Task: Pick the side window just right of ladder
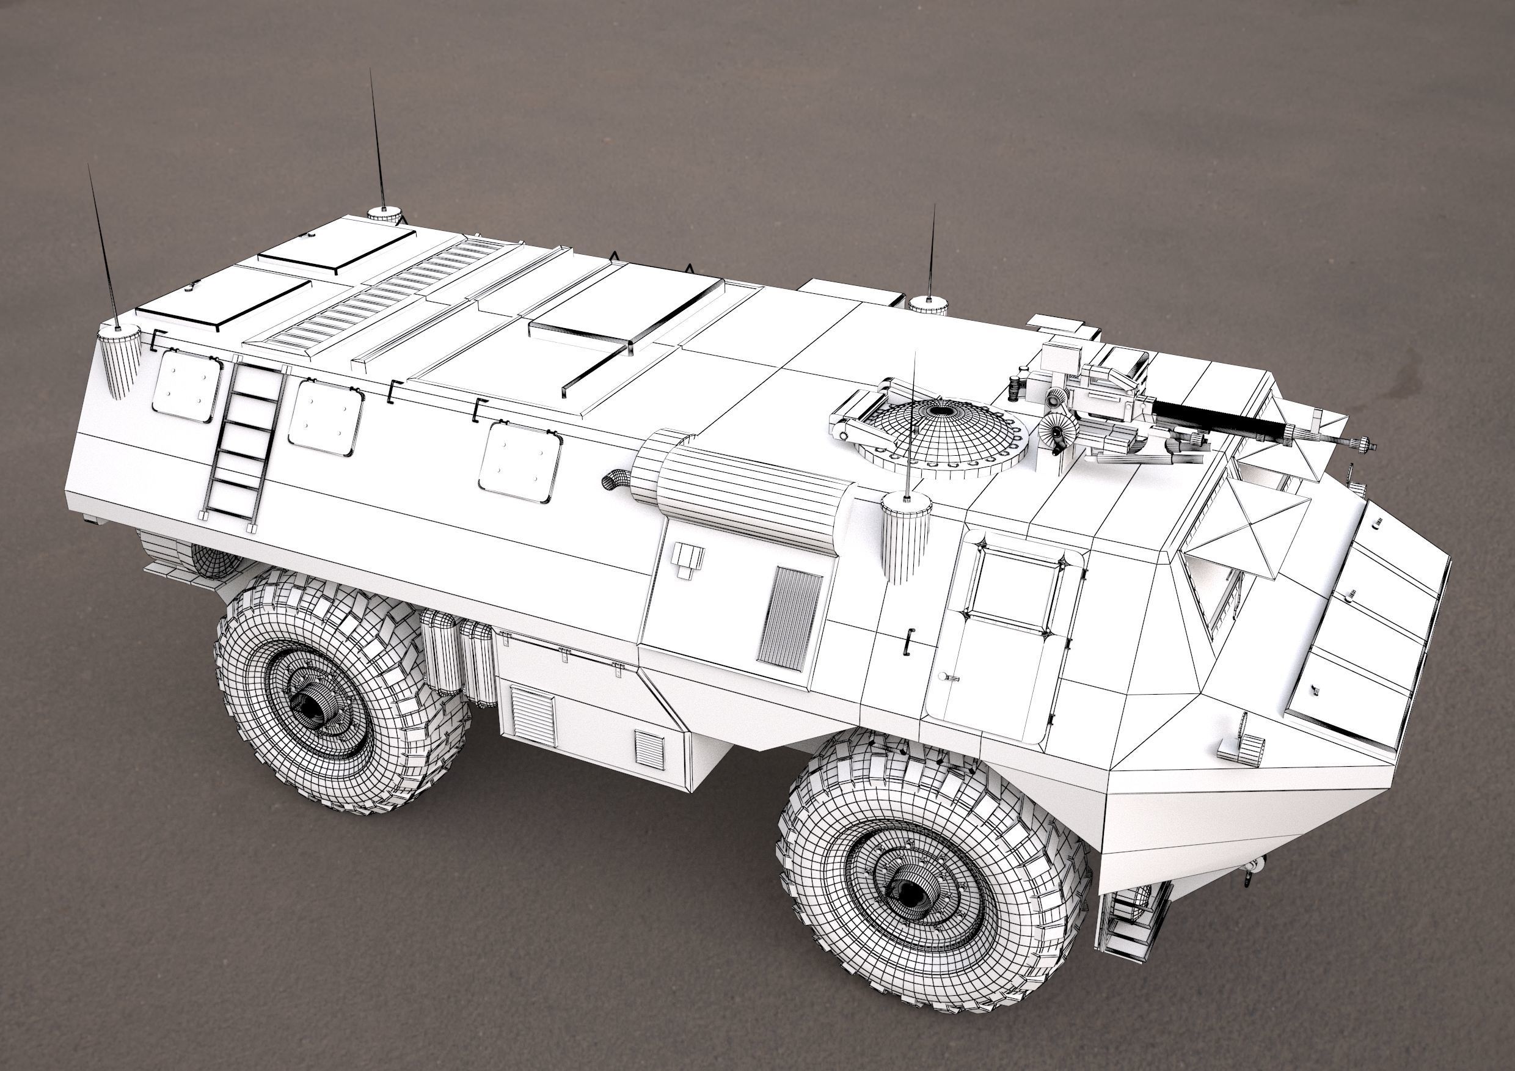point(324,417)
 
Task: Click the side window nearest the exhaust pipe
point(519,461)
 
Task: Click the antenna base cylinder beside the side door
point(905,536)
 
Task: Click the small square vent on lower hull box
point(649,750)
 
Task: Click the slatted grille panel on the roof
point(382,297)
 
